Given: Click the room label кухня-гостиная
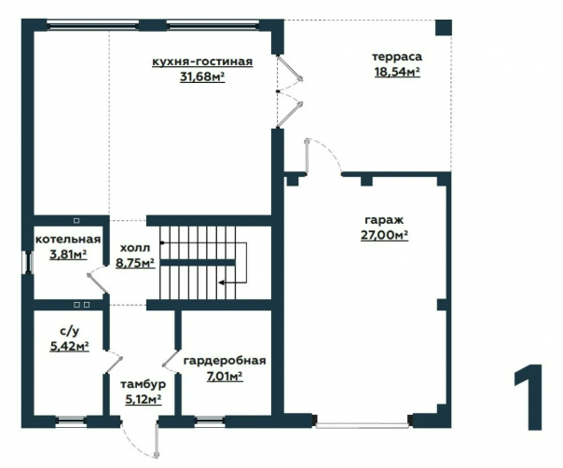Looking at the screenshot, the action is [202, 62].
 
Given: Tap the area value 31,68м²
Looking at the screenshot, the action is [202, 76].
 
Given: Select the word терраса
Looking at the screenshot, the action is [397, 57].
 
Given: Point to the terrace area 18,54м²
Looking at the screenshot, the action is [397, 72].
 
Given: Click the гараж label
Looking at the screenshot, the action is [384, 220].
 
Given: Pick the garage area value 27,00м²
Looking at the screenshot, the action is [384, 235].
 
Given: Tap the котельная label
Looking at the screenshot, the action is [68, 240].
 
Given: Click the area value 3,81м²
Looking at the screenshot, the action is [68, 255].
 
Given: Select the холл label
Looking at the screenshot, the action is [135, 248].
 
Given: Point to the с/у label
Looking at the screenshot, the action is [68, 330].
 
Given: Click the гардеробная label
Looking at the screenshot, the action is [225, 361].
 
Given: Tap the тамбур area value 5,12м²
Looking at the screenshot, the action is [143, 399].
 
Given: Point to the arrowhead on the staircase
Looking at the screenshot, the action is [222, 282].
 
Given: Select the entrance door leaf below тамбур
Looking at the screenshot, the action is [157, 440].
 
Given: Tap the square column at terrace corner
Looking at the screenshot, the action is [444, 27].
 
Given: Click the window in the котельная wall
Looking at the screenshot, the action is [28, 262].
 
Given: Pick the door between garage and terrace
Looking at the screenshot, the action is [307, 156].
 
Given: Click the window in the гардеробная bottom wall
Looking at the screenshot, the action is [209, 421].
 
